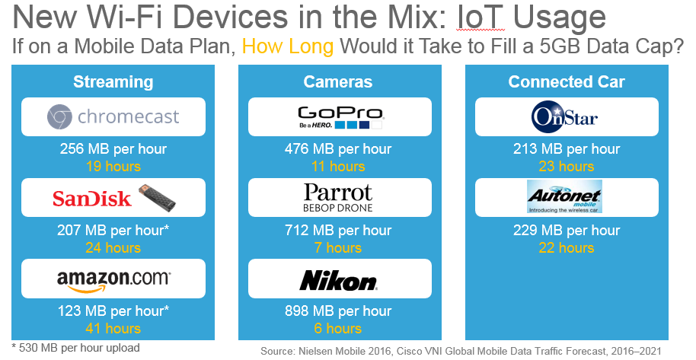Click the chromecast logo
113,117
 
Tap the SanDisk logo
113,198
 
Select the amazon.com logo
113,279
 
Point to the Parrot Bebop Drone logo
339,198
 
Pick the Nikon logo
339,279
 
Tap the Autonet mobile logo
565,198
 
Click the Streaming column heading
113,81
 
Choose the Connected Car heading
565,81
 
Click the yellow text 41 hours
113,329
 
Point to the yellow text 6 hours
339,329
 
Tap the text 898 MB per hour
339,311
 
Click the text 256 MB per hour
113,149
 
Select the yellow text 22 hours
565,248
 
